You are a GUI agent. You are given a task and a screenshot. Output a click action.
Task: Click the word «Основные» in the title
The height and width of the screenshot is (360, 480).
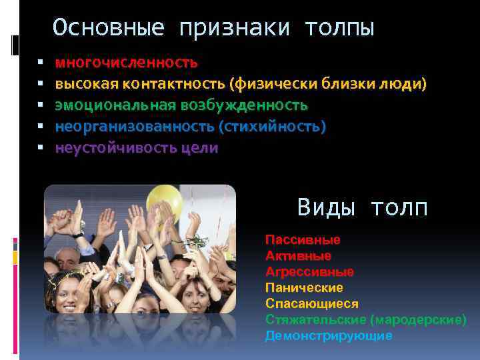point(108,28)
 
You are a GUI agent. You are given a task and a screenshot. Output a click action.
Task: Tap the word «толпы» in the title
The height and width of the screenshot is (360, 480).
point(339,28)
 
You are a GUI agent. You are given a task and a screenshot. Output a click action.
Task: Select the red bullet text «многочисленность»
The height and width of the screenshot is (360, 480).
point(126,63)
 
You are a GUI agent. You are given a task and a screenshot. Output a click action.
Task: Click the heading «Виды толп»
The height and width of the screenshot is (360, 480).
point(362,207)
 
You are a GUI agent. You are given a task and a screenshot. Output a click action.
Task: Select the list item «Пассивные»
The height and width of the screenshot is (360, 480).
point(303,239)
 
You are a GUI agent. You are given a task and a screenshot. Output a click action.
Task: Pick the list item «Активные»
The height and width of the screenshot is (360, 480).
point(298,255)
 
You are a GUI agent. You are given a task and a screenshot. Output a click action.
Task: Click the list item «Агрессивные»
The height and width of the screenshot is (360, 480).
point(309,271)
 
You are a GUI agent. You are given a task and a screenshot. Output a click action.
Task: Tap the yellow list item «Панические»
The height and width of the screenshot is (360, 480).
point(304,287)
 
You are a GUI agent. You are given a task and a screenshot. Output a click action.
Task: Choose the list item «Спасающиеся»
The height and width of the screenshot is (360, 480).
point(311,303)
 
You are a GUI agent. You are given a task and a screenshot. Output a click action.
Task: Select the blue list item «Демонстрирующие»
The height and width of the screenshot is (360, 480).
point(329,335)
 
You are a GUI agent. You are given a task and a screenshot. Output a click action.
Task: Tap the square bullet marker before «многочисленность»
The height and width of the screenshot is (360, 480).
point(41,63)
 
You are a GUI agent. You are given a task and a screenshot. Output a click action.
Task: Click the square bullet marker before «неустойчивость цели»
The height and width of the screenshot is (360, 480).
point(41,148)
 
